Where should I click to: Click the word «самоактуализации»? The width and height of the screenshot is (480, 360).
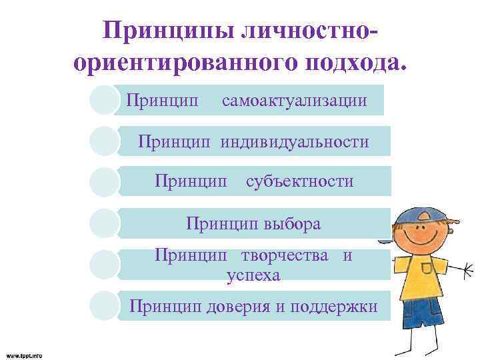click(294, 101)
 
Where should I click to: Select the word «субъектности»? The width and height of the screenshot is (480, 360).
click(299, 181)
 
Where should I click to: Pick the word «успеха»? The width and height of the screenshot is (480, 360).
click(253, 274)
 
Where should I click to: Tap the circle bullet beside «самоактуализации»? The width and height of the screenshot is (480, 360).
click(105, 101)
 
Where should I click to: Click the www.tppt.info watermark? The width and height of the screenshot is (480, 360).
click(24, 355)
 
